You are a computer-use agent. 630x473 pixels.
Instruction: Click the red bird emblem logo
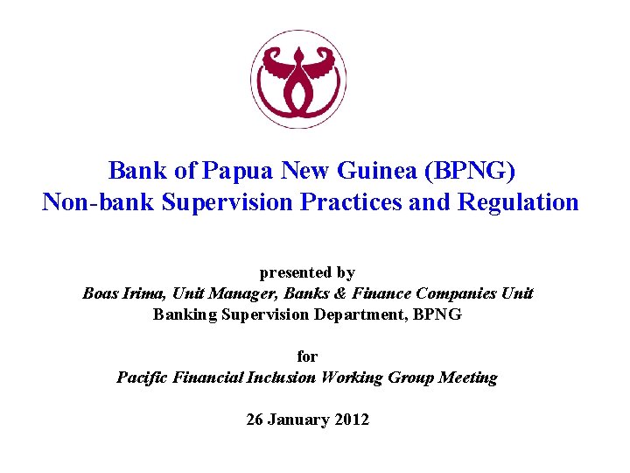point(298,80)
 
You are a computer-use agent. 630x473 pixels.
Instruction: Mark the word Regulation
point(520,202)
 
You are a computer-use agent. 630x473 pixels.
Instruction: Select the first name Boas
point(101,293)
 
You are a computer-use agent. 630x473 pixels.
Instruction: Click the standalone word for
point(307,357)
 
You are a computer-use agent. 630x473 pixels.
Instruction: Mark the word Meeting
point(467,378)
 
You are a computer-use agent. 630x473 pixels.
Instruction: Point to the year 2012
point(352,420)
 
